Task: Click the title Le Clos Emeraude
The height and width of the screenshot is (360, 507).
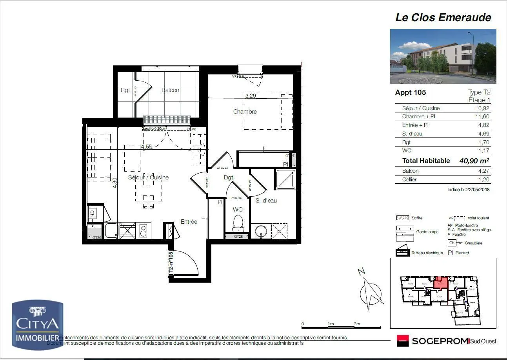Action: [x=443, y=17]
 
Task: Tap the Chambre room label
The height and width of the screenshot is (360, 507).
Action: [x=245, y=112]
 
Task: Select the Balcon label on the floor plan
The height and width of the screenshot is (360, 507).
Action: [x=170, y=90]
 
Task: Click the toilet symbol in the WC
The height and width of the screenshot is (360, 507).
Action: [x=238, y=224]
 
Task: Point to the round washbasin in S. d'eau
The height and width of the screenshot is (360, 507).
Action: [x=259, y=232]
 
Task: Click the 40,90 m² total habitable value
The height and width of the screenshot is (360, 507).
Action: [x=474, y=161]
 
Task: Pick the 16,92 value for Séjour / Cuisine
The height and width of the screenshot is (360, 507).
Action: [x=482, y=108]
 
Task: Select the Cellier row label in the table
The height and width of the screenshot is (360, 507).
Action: [x=409, y=179]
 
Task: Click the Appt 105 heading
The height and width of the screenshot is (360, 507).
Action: [x=410, y=92]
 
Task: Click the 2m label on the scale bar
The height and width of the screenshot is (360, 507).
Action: [x=357, y=324]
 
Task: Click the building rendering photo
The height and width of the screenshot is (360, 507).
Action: [x=443, y=56]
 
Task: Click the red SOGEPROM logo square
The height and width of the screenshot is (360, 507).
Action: [x=402, y=341]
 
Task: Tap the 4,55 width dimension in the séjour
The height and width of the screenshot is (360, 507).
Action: [x=146, y=147]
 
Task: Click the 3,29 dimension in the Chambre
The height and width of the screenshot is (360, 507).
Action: [x=251, y=95]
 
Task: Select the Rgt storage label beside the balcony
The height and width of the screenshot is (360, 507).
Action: [x=125, y=90]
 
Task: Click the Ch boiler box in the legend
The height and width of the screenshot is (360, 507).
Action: [x=452, y=243]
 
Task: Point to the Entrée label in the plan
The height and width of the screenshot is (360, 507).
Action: [x=189, y=222]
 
